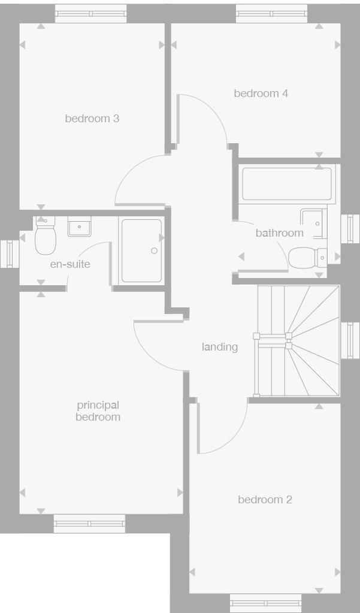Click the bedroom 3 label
92,119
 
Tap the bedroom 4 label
261,93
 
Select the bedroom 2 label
265,500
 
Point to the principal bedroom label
98,411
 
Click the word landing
219,347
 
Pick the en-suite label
70,264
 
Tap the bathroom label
279,233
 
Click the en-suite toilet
45,237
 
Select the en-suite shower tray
141,250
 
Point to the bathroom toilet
306,258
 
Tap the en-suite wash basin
79,226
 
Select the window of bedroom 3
91,14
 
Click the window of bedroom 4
272,14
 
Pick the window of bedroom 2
265,602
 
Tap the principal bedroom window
89,523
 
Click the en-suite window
10,254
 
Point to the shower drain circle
154,250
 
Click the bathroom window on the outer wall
350,228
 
